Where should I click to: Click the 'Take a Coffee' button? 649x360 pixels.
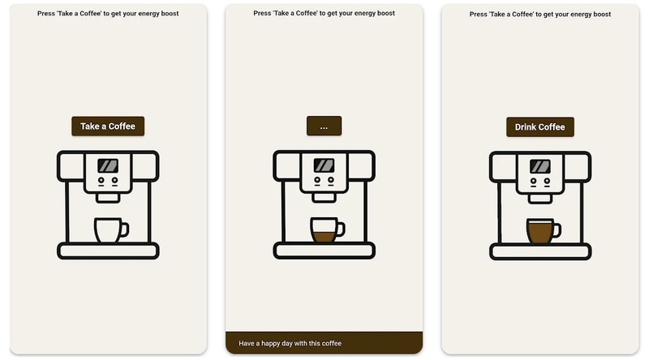108,126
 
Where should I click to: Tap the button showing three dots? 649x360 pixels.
324,126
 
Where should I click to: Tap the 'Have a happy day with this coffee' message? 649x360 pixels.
290,344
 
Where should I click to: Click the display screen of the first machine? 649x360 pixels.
108,166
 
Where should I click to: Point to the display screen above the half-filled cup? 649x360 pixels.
324,165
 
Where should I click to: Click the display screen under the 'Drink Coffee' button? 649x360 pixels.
540,166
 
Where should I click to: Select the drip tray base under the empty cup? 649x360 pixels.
108,251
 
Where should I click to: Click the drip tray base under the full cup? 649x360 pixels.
540,252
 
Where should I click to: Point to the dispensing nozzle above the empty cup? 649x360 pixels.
108,198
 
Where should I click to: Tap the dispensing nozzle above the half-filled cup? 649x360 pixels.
324,198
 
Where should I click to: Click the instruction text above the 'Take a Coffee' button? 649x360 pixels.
108,13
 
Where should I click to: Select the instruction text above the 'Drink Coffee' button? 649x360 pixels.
540,14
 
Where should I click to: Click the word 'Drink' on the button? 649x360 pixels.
526,127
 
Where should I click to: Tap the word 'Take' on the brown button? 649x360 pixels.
90,126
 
